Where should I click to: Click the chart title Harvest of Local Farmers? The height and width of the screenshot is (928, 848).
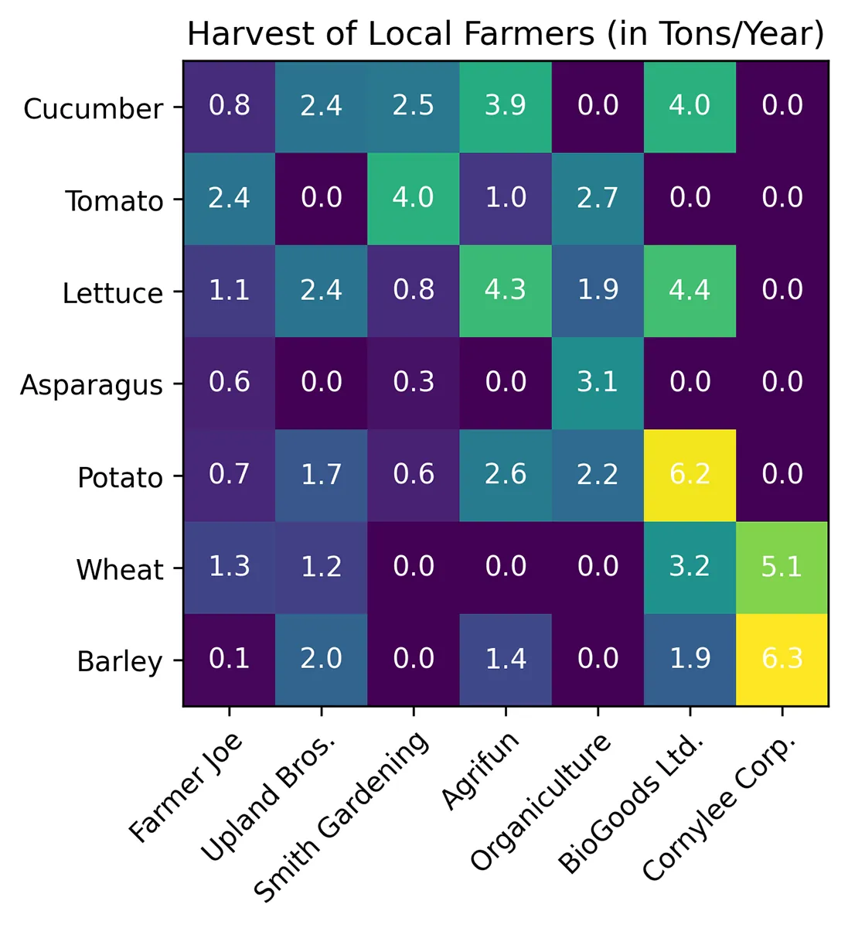(x=506, y=34)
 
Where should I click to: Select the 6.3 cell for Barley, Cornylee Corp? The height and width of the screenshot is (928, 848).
(x=782, y=660)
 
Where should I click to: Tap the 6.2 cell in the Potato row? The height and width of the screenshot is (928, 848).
(x=690, y=475)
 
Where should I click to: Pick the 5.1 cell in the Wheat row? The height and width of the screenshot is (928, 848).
(x=782, y=568)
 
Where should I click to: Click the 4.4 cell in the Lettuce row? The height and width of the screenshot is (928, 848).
(x=690, y=291)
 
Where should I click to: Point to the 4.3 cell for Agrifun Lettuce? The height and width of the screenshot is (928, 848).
(x=506, y=291)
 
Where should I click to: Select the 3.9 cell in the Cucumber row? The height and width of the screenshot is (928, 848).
(x=506, y=106)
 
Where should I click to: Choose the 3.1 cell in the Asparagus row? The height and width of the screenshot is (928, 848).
(x=598, y=383)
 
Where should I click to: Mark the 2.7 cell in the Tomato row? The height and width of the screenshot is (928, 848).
(x=598, y=199)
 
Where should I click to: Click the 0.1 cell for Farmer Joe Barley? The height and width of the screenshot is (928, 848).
(x=230, y=660)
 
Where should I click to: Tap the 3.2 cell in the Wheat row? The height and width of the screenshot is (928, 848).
(x=690, y=568)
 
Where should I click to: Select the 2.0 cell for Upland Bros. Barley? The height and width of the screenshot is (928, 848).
(x=322, y=660)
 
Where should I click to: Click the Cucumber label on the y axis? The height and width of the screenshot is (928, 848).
(x=93, y=109)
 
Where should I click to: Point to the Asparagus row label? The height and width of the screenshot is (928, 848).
(x=91, y=385)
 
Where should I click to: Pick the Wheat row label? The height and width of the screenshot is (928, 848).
(x=119, y=570)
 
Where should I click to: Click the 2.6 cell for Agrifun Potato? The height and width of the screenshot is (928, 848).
(x=506, y=475)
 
